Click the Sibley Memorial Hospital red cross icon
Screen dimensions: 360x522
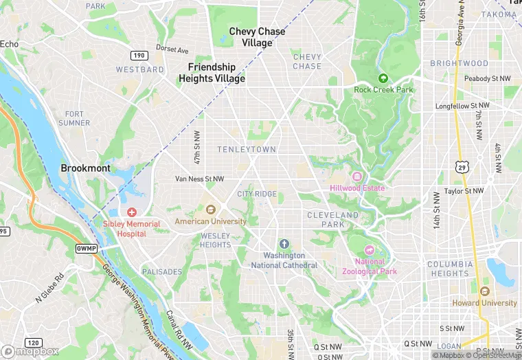click(131, 212)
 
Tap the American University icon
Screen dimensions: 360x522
click(210, 210)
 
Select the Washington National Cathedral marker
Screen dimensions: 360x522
click(284, 245)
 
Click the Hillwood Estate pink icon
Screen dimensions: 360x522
click(357, 177)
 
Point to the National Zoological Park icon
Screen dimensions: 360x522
click(370, 250)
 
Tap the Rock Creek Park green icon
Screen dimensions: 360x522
click(383, 78)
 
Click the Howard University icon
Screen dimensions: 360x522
click(485, 291)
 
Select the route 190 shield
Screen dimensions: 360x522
click(138, 54)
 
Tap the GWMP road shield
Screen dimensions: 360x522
click(87, 247)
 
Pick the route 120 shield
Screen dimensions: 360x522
click(32, 342)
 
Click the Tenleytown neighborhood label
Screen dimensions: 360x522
click(247, 149)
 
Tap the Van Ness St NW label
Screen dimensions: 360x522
click(199, 179)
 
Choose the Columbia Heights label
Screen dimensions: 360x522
click(450, 269)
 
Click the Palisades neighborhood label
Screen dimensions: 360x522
click(161, 272)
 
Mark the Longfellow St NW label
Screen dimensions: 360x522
click(463, 106)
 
